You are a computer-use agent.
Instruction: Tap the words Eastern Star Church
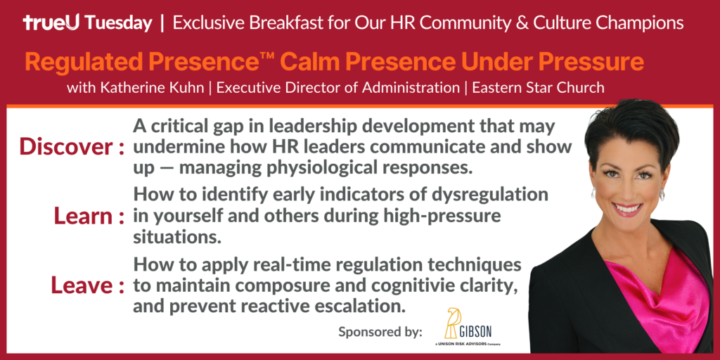539,88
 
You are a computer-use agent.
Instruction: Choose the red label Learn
83,216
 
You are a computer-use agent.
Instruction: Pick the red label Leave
81,285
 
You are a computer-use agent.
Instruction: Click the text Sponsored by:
380,332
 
